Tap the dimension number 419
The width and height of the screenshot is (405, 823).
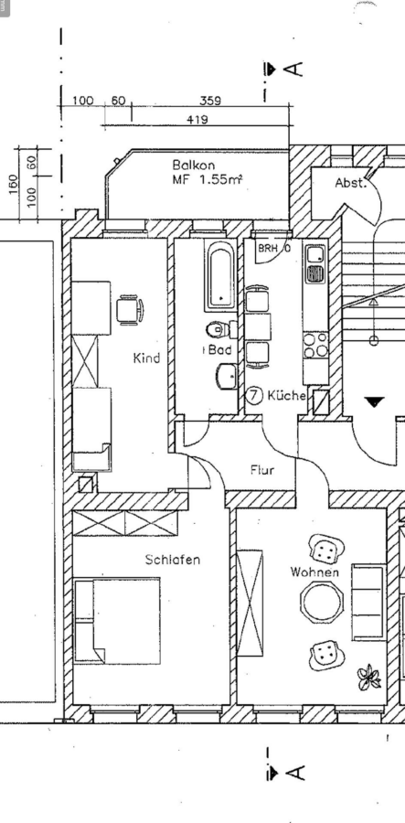(x=197, y=120)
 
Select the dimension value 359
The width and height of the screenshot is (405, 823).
(x=210, y=101)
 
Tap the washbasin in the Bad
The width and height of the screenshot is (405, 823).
(x=227, y=377)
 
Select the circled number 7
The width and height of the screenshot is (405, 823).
(x=254, y=395)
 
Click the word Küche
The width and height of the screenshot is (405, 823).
(x=286, y=395)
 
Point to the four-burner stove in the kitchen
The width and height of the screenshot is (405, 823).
(x=315, y=345)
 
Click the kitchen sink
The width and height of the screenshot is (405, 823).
(x=315, y=264)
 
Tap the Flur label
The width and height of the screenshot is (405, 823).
(x=261, y=470)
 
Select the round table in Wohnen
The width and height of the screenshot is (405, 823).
(x=322, y=602)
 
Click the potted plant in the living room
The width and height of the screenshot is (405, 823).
(x=368, y=677)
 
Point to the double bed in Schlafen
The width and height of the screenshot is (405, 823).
(x=117, y=620)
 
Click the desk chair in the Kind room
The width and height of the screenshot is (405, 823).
(x=130, y=310)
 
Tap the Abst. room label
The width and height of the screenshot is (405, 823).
(x=349, y=183)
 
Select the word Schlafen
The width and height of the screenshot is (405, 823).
(x=173, y=560)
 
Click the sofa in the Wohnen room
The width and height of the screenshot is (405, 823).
(x=368, y=602)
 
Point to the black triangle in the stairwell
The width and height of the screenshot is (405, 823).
(x=375, y=402)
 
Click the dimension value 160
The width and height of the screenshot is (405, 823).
(x=14, y=184)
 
